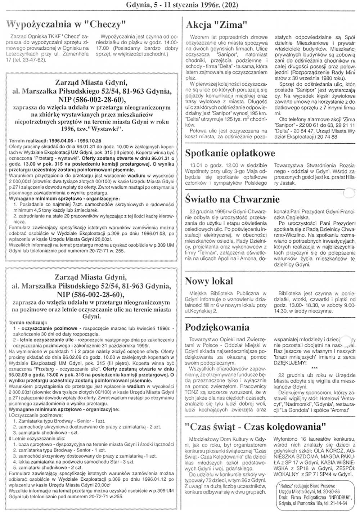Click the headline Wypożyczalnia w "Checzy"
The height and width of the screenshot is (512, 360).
click(66, 25)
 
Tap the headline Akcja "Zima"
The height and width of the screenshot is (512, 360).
click(216, 25)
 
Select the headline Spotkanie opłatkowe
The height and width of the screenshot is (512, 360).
click(230, 153)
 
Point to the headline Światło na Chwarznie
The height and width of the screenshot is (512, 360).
click(232, 199)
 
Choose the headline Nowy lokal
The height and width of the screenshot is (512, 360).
click(209, 281)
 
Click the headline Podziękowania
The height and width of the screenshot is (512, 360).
click(217, 327)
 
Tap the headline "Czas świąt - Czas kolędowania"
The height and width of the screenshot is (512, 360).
click(256, 427)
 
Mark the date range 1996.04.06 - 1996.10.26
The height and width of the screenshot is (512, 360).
click(71, 140)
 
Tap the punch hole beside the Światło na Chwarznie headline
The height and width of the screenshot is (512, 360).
click(348, 193)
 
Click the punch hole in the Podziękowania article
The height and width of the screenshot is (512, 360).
click(346, 340)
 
